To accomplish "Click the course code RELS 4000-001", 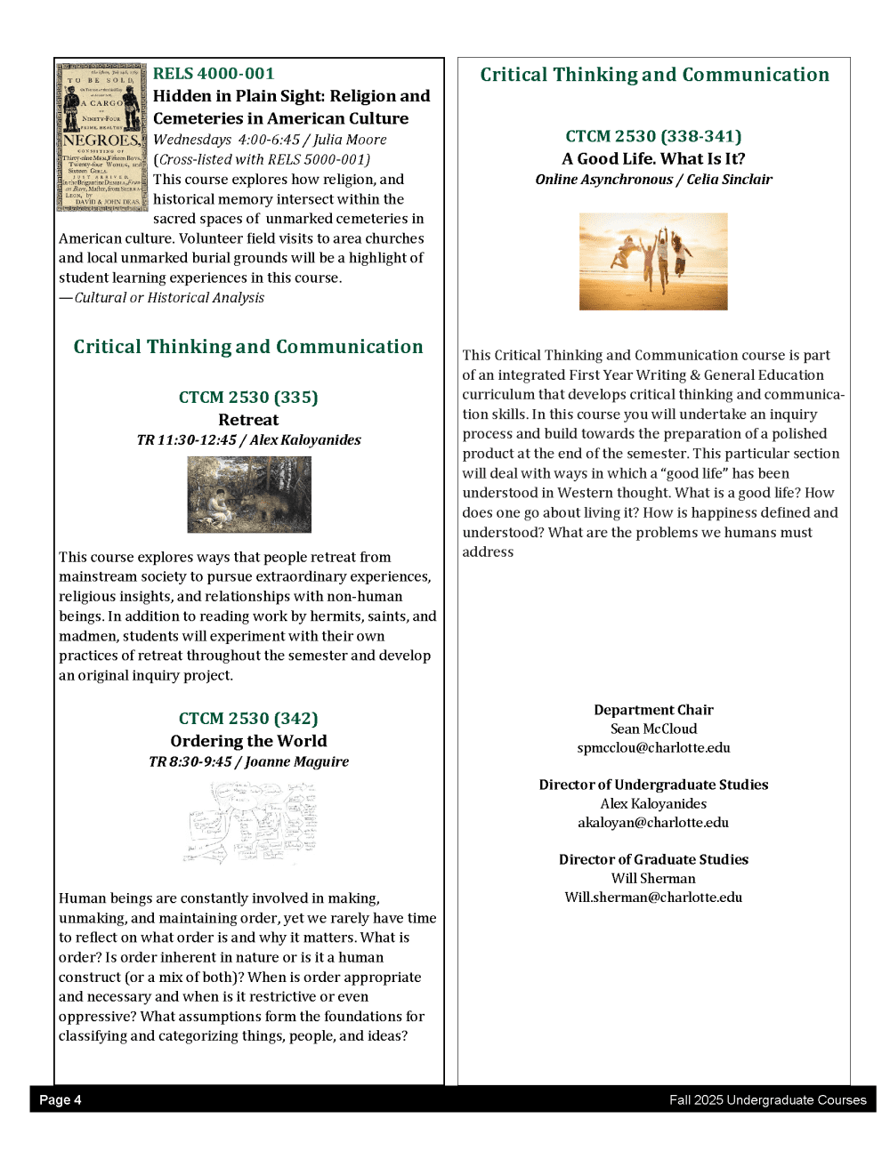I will pyautogui.click(x=214, y=74).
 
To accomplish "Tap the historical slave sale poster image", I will pyautogui.click(x=101, y=136).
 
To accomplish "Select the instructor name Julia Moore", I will pyautogui.click(x=350, y=140).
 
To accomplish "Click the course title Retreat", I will pyautogui.click(x=248, y=420).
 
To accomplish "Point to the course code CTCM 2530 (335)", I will pyautogui.click(x=248, y=398).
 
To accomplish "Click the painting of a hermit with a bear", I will pyautogui.click(x=249, y=495).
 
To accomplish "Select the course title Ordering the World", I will pyautogui.click(x=248, y=741).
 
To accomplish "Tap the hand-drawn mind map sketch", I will pyautogui.click(x=249, y=823).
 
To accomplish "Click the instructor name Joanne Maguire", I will pyautogui.click(x=296, y=761).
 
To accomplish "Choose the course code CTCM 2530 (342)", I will pyautogui.click(x=248, y=719).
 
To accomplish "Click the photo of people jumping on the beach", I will pyautogui.click(x=653, y=262).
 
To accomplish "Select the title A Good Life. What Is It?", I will pyautogui.click(x=653, y=159).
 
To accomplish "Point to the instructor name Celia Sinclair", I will pyautogui.click(x=729, y=180).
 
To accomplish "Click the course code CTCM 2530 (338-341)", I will pyautogui.click(x=653, y=136).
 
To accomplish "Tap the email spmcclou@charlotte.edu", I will pyautogui.click(x=653, y=748).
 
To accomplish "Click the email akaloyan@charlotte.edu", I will pyautogui.click(x=653, y=823).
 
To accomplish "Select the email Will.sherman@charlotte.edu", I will pyautogui.click(x=653, y=897).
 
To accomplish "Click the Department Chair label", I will pyautogui.click(x=653, y=710).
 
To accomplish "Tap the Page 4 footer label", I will pyautogui.click(x=61, y=1100).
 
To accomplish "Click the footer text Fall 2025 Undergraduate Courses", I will pyautogui.click(x=767, y=1100).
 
